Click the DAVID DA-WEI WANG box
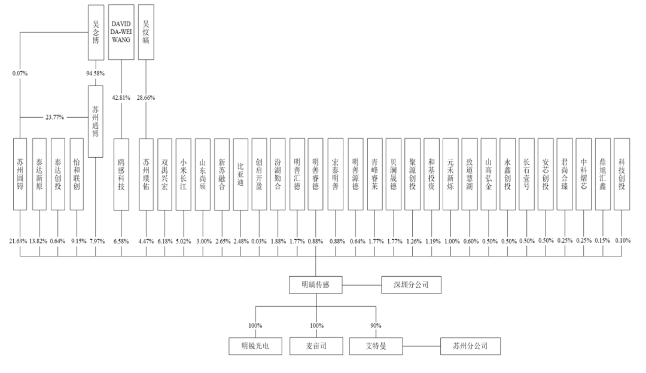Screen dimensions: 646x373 point(121,32)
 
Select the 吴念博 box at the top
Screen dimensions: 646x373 point(96,32)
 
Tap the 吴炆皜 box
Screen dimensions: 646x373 point(146,32)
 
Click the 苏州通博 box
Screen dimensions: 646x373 point(96,121)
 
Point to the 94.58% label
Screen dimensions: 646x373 point(95,74)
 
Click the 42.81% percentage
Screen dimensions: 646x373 point(121,97)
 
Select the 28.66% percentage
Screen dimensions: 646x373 point(146,97)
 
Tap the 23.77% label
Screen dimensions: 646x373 point(55,117)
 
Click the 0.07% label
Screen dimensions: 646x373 point(20,74)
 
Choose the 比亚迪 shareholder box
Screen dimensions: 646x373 point(240,175)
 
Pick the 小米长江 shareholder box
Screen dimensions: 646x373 point(184,175)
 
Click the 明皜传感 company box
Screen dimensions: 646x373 point(316,285)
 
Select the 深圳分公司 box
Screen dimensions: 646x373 point(411,285)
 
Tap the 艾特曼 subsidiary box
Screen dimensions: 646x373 point(376,346)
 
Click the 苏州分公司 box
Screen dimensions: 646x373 point(471,346)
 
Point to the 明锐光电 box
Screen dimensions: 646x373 point(255,346)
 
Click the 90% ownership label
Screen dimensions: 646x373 point(376,326)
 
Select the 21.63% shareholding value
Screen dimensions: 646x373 point(18,241)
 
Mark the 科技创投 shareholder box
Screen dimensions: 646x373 point(621,175)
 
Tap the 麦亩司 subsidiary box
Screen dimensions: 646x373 point(316,346)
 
